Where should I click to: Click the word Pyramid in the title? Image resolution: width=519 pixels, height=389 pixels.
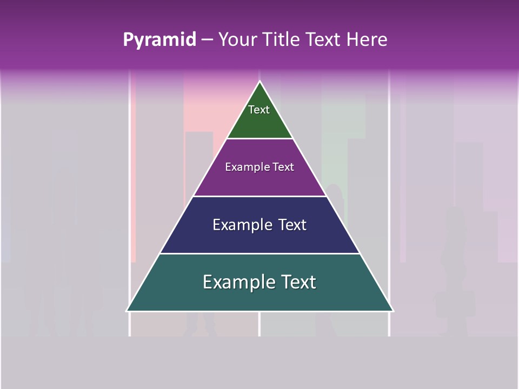(159, 40)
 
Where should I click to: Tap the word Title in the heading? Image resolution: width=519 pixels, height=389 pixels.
(284, 39)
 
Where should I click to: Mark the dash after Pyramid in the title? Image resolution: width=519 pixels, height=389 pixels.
(207, 40)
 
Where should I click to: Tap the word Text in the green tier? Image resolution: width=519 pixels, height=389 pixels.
(259, 110)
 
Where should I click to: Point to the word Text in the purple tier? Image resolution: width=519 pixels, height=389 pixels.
(283, 167)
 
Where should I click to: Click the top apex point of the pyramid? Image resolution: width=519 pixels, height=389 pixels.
(259, 82)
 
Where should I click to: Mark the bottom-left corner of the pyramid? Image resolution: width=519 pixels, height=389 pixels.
(128, 311)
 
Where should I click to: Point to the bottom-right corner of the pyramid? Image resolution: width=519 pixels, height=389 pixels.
(392, 311)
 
